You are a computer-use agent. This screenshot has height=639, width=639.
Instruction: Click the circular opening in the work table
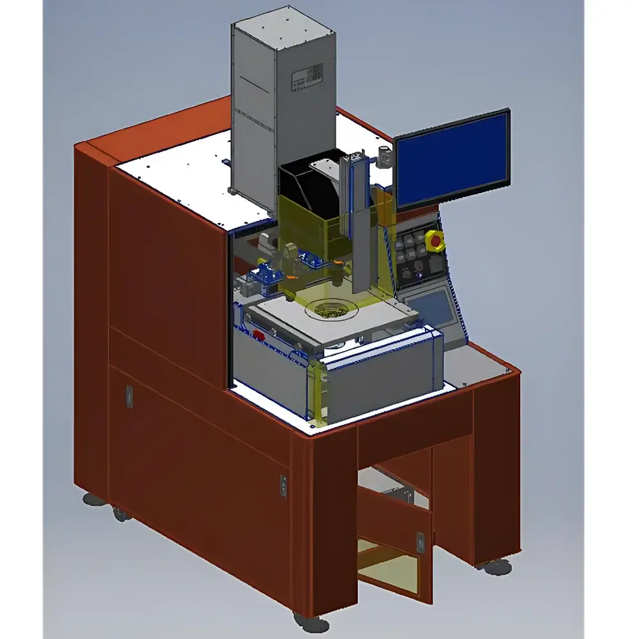click(330, 311)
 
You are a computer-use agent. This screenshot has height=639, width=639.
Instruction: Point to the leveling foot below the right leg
click(497, 566)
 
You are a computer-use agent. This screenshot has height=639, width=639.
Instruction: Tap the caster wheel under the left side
click(119, 511)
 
